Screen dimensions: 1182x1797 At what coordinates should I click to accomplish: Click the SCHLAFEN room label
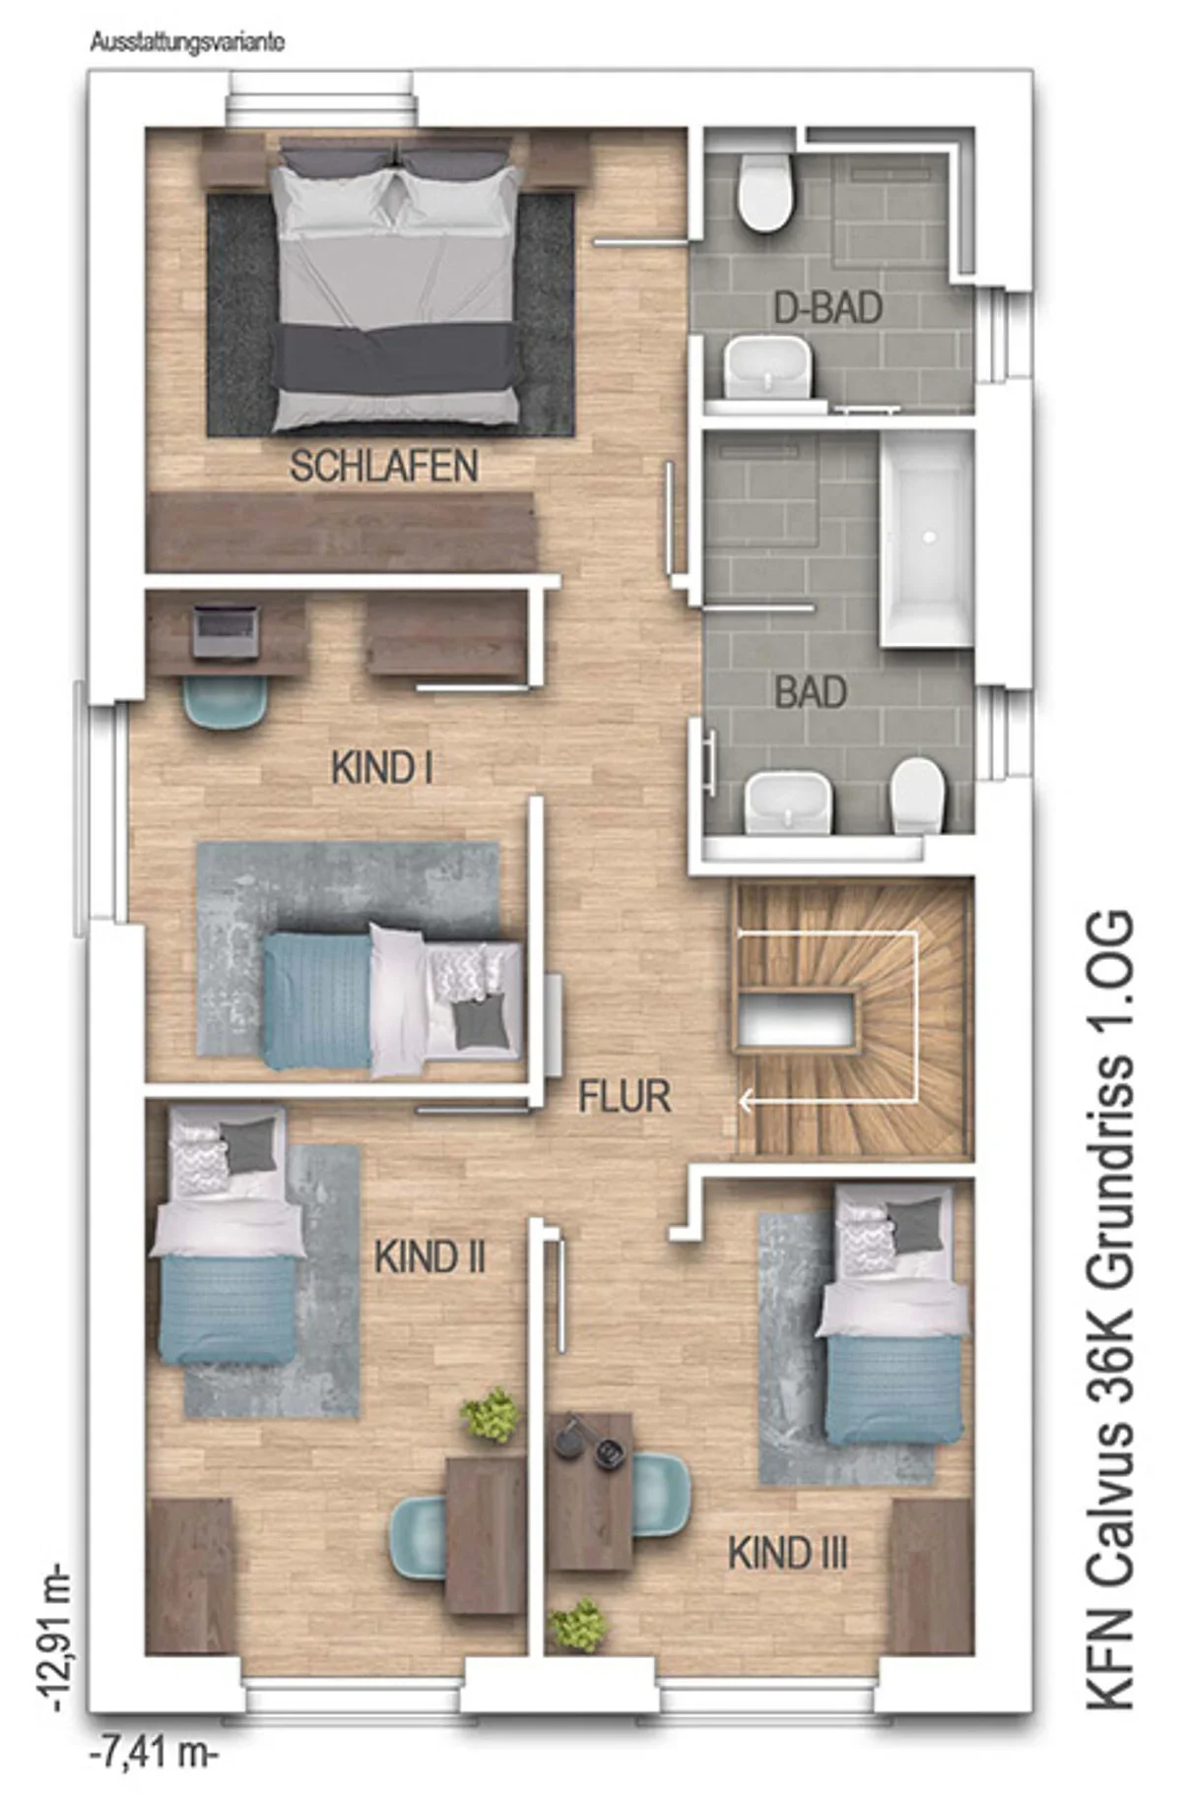(x=384, y=467)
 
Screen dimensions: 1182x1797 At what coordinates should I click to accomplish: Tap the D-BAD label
(x=827, y=308)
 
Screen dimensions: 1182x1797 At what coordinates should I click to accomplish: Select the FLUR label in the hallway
(x=624, y=1097)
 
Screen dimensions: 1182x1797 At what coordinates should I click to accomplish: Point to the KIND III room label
(x=787, y=1553)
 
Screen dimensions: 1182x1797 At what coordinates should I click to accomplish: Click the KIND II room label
(x=430, y=1257)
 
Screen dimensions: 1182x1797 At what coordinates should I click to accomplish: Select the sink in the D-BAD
(x=767, y=366)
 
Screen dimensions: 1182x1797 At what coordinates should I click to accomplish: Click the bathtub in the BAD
(x=927, y=540)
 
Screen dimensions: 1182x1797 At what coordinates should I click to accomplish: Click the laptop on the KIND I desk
(x=226, y=631)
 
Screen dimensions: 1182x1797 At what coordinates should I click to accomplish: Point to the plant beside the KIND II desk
(x=490, y=1415)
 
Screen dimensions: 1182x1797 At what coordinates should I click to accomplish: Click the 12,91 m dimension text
(x=54, y=1636)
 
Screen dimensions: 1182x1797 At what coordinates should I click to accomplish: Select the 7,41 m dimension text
(x=155, y=1754)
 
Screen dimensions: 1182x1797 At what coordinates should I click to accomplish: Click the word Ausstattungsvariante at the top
(x=187, y=43)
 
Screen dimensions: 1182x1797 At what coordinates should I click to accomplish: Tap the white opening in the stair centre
(x=796, y=1018)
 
